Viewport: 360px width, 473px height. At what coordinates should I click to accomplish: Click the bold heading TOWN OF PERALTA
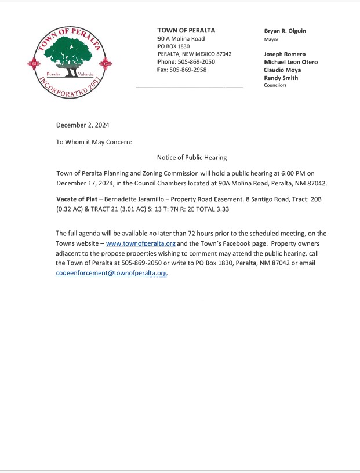tap(186, 30)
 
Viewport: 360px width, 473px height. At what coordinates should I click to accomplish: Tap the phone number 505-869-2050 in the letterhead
tap(194, 62)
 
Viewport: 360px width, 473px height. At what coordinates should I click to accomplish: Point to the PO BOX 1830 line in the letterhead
tap(174, 46)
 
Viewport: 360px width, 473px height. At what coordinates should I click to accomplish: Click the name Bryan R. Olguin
tap(285, 31)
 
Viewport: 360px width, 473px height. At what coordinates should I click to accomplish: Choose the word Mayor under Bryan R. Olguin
tap(271, 39)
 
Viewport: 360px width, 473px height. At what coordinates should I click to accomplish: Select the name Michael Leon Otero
tap(290, 62)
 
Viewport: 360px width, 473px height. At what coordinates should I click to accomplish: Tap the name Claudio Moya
tap(282, 70)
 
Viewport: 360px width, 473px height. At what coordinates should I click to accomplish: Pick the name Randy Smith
tap(281, 77)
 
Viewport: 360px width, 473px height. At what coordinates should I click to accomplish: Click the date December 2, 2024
tap(82, 125)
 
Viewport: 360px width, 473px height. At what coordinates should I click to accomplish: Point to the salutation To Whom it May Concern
tap(94, 141)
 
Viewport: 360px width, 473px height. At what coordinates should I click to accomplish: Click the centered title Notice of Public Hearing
tap(191, 158)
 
